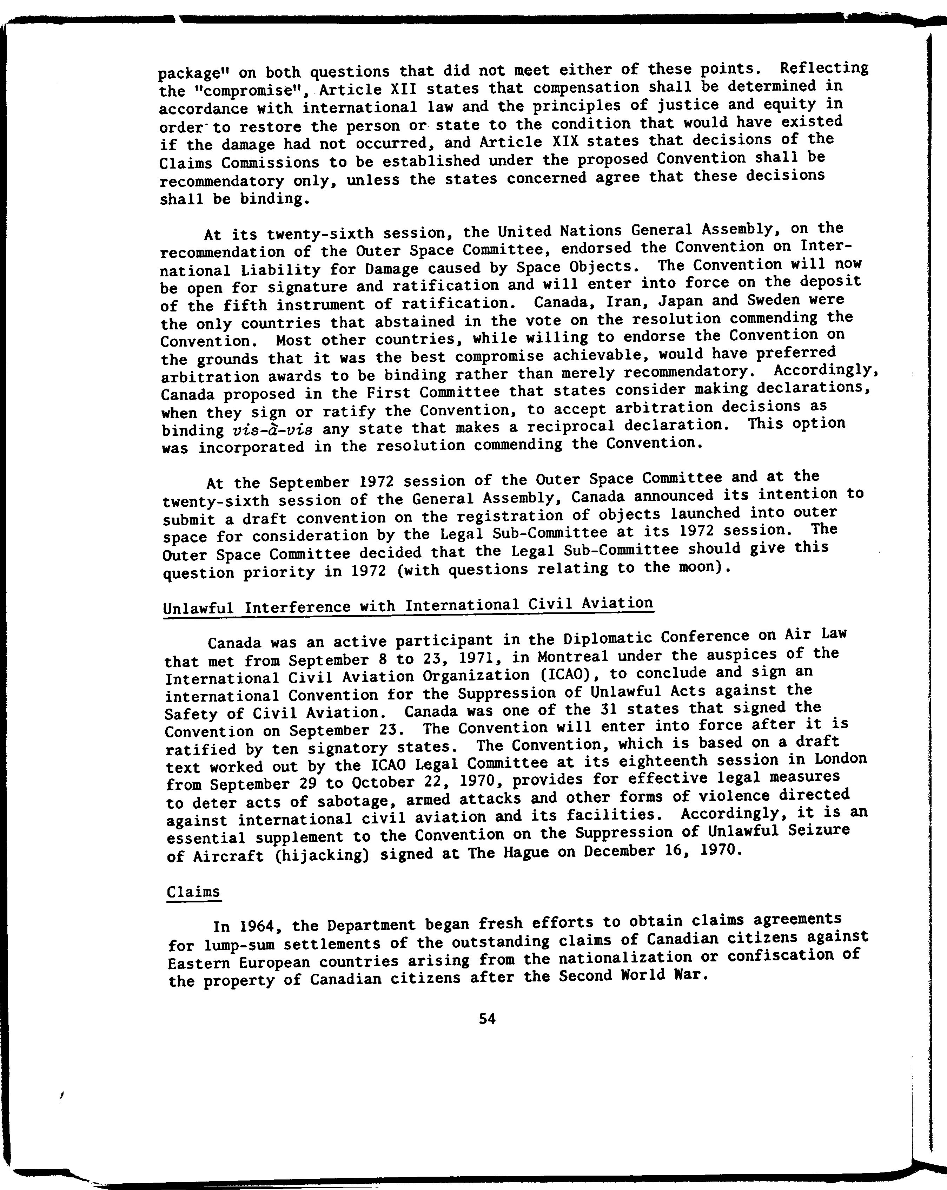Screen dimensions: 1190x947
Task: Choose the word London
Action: (841, 759)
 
